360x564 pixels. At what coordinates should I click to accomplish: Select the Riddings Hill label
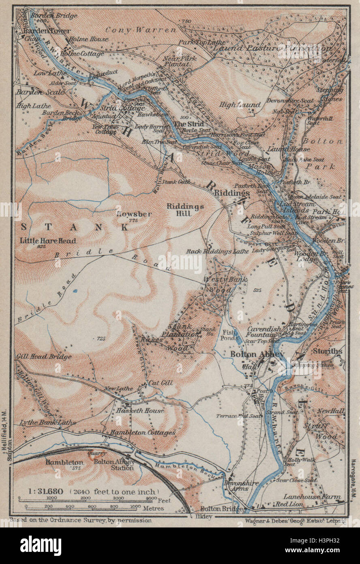[x=185, y=206]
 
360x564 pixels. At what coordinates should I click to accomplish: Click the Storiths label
[x=327, y=351]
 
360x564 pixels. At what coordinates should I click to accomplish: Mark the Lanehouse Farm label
[x=317, y=496]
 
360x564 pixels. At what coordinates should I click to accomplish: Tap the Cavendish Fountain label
[x=264, y=332]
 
